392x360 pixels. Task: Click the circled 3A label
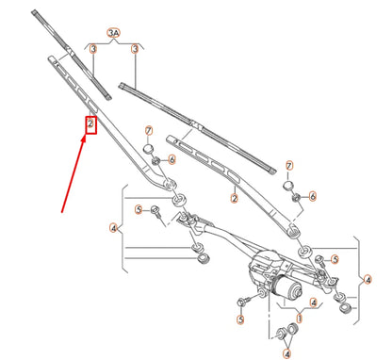pos(113,34)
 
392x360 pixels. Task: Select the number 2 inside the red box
pos(90,123)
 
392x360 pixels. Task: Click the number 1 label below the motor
pos(300,319)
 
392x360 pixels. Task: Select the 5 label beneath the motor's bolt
pos(240,320)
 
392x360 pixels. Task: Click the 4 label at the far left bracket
pos(112,228)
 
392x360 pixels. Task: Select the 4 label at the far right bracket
pos(367,278)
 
